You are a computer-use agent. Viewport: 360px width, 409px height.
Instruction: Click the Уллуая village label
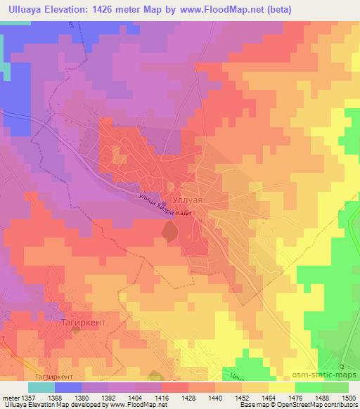[x=188, y=200]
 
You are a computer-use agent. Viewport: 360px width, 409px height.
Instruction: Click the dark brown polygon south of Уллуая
[x=169, y=231]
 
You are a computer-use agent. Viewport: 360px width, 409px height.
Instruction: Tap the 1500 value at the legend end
[x=349, y=397]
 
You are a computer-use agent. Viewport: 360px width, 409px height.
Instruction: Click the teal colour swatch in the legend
[x=41, y=387]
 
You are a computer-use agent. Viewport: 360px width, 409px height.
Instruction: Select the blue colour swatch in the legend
[x=68, y=387]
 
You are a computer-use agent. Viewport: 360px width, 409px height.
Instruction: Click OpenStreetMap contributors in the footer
[x=321, y=405]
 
